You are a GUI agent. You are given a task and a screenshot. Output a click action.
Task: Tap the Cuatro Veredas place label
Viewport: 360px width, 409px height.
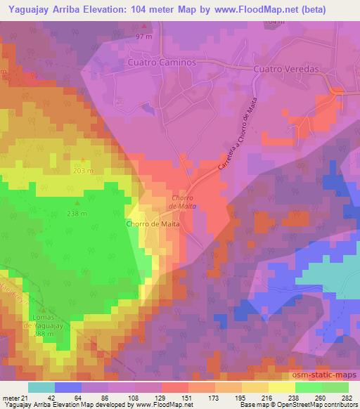point(287,69)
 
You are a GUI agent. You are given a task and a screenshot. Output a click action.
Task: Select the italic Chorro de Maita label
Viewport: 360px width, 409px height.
point(181,202)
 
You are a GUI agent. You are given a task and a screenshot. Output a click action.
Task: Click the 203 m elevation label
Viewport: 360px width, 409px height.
point(83,171)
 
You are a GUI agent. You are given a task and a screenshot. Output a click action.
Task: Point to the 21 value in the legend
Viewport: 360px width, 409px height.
point(18,397)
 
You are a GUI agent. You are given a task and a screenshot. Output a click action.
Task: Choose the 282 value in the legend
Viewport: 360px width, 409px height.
point(347,397)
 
